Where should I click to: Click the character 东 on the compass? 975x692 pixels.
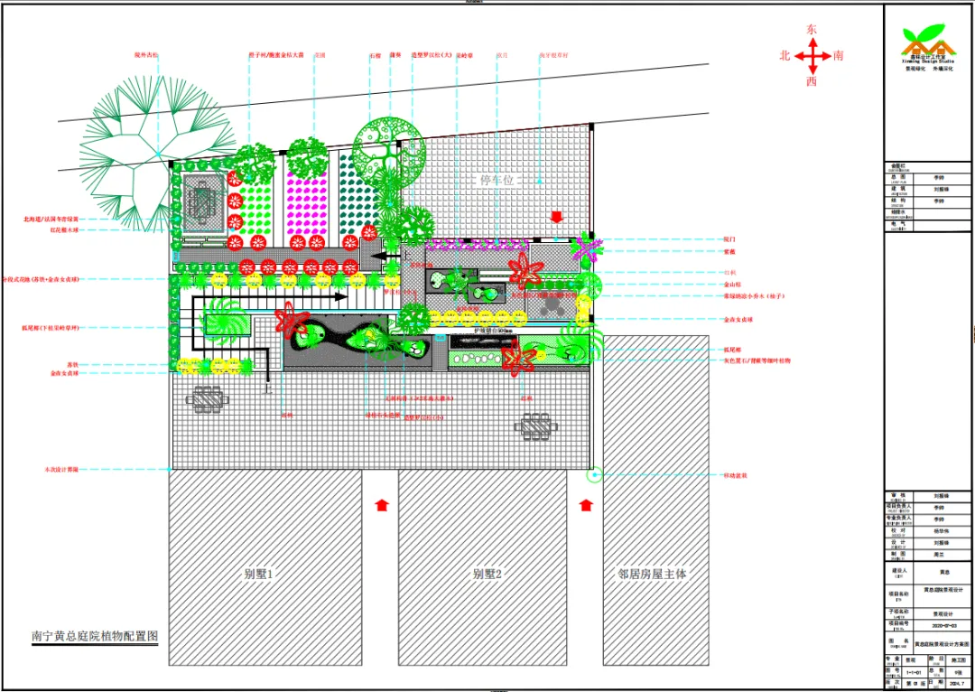point(812,30)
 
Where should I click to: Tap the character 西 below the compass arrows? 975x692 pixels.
point(812,81)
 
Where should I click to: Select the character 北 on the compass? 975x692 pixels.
point(785,56)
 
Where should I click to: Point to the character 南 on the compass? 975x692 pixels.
point(839,56)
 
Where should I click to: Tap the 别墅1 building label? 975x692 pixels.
point(258,574)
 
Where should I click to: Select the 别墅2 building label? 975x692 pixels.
point(487,574)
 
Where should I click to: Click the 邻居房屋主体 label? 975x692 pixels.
point(652,574)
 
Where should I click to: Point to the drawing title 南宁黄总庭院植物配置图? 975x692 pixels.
point(95,636)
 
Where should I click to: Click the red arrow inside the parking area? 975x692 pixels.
point(556,217)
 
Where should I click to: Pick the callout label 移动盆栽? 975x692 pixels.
point(736,474)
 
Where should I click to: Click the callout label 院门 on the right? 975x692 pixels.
point(729,239)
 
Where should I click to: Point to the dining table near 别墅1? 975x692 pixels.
point(208,397)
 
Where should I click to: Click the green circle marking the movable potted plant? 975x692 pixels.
point(595,474)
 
